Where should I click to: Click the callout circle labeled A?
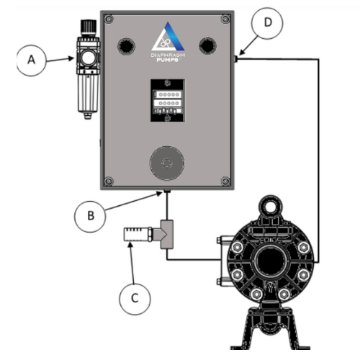(x=32, y=62)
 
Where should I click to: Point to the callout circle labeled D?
(x=268, y=22)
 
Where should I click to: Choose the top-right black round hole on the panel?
(x=209, y=45)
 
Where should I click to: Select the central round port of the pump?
(x=271, y=260)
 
